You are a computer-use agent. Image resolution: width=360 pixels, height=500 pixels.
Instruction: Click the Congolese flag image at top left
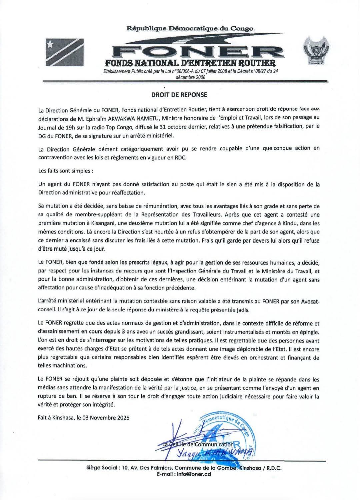[64, 52]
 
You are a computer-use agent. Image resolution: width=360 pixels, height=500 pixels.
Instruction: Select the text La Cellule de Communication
[197, 444]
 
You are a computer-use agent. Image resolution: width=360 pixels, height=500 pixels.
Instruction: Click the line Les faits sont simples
[65, 171]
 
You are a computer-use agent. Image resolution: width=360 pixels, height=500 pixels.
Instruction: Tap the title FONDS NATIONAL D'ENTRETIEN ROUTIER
[190, 63]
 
